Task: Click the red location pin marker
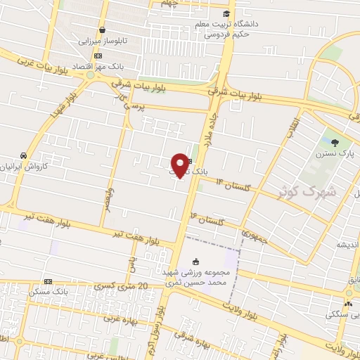(x=180, y=165)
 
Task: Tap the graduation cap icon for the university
(x=226, y=13)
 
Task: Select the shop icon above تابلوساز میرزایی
(x=103, y=30)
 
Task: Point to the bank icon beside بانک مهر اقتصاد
(x=98, y=56)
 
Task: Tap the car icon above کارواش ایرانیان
(x=25, y=155)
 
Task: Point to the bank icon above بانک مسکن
(x=48, y=281)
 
